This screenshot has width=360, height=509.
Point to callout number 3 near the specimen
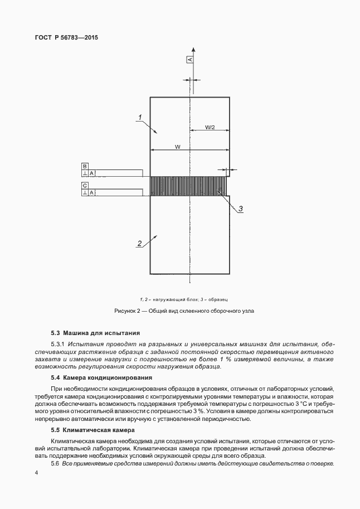(x=241, y=209)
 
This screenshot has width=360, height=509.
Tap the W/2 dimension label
(x=210, y=127)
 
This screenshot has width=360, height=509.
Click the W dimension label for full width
(x=177, y=147)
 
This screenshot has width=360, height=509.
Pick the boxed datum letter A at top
(x=189, y=59)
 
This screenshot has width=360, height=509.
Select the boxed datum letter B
(x=84, y=166)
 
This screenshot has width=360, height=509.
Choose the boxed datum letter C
(x=84, y=185)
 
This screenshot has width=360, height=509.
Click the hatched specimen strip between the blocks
(x=189, y=185)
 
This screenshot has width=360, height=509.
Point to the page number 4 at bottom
(x=36, y=473)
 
